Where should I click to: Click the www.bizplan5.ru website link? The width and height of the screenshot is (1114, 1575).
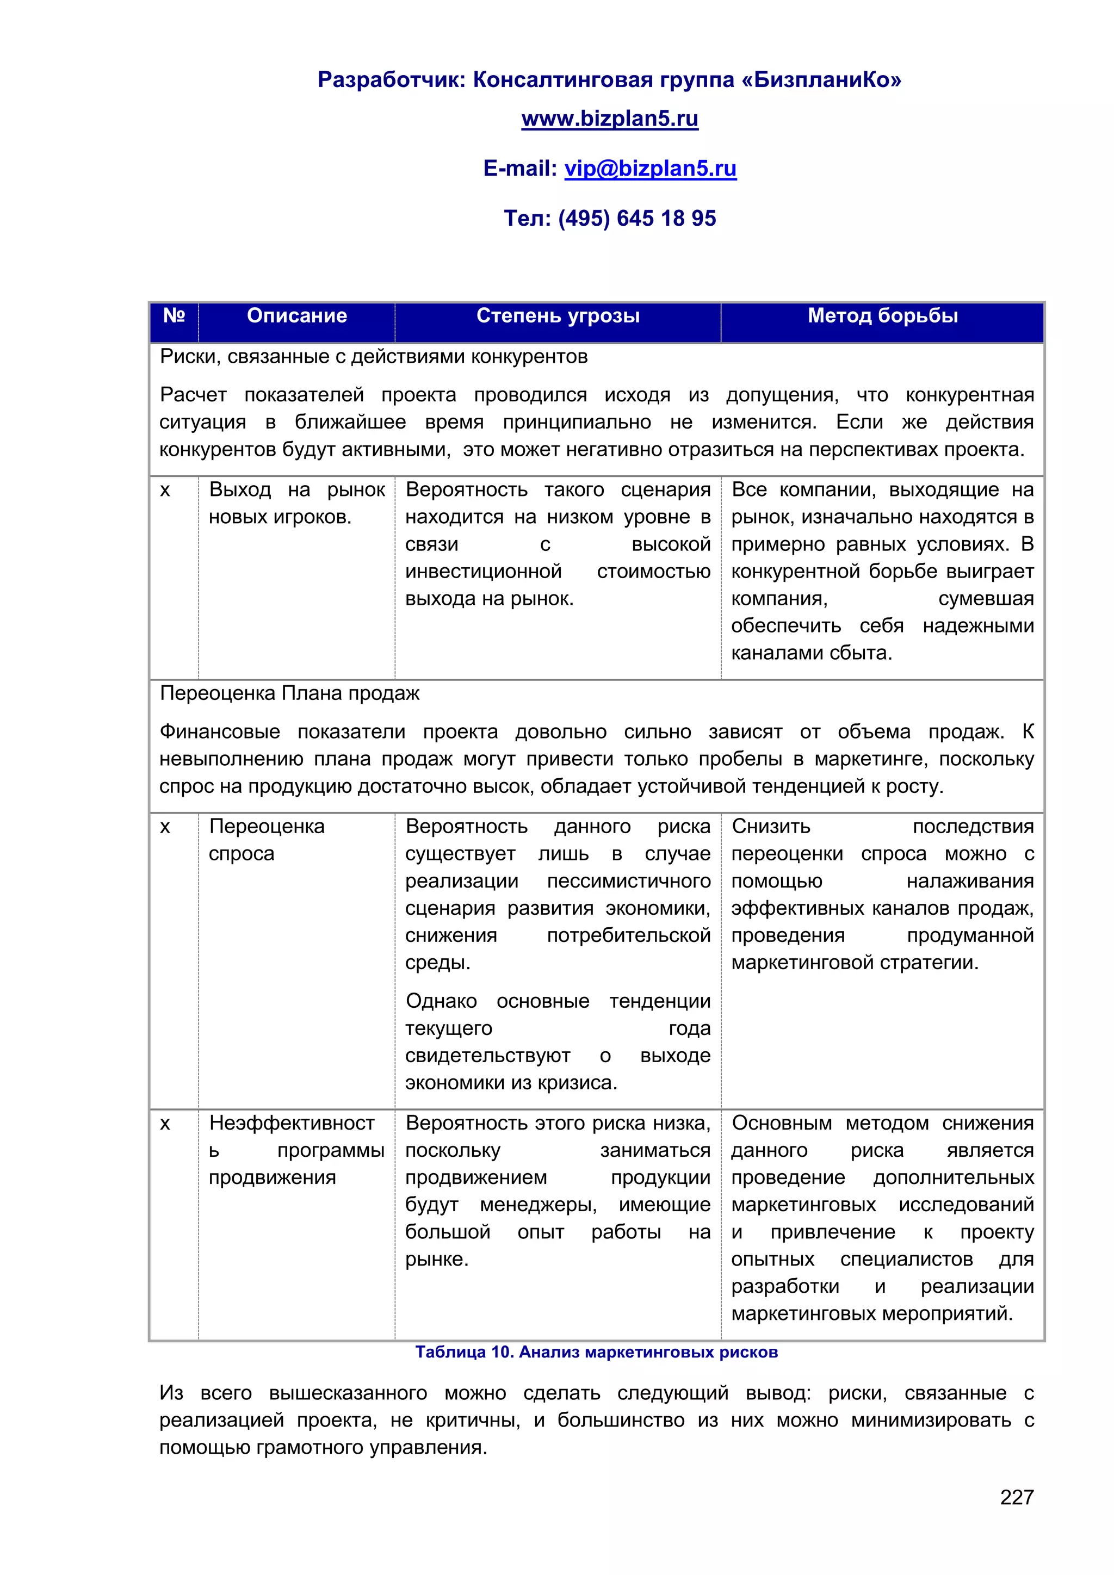tap(609, 119)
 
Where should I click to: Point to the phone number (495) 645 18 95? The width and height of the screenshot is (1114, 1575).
tap(636, 218)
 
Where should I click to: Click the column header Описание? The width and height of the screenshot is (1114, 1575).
tap(296, 315)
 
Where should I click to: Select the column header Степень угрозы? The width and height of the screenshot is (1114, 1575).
tap(558, 315)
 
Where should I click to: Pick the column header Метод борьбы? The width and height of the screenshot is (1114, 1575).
tap(882, 315)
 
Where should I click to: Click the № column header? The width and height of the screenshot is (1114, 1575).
tap(174, 315)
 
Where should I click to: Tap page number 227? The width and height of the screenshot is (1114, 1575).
tap(1016, 1497)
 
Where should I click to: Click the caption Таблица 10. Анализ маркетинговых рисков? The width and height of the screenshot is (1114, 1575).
tap(596, 1352)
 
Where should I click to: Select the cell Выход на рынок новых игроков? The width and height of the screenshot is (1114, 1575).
tap(296, 504)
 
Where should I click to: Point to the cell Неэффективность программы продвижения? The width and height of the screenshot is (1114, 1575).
tap(296, 1150)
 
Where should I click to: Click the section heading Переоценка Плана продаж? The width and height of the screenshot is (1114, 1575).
tap(289, 693)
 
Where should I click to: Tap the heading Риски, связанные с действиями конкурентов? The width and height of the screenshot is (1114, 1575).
tap(373, 357)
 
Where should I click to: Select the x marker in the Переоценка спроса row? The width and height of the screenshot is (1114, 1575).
tap(165, 827)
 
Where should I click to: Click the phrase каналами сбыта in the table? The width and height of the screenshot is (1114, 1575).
tap(811, 653)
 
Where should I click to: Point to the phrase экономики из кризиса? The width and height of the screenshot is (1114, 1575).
tap(511, 1082)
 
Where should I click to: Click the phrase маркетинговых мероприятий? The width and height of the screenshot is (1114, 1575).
tap(871, 1313)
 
